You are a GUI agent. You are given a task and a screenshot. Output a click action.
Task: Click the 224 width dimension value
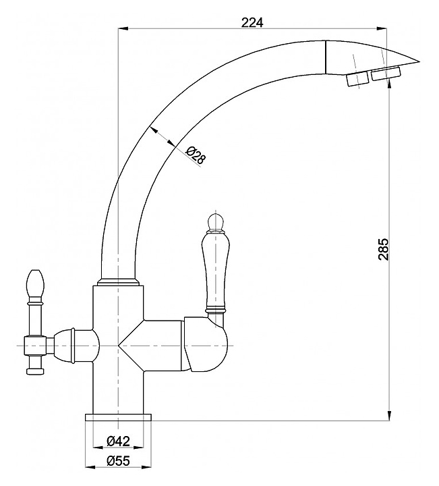click(x=252, y=22)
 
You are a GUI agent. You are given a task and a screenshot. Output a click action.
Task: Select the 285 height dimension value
click(x=383, y=249)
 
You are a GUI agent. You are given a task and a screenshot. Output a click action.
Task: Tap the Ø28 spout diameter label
click(x=196, y=155)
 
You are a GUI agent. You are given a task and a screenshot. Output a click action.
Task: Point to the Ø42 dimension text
click(x=118, y=440)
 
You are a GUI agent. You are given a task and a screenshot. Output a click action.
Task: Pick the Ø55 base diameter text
click(x=118, y=461)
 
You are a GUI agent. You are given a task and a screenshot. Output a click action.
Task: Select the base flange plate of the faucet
click(x=118, y=417)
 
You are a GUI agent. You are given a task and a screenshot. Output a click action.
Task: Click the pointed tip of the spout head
click(x=419, y=61)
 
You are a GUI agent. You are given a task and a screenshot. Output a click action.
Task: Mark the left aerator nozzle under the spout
click(x=357, y=80)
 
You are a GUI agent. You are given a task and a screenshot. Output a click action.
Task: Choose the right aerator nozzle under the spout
click(x=386, y=74)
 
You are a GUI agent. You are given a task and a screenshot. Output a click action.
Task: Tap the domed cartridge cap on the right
click(x=206, y=344)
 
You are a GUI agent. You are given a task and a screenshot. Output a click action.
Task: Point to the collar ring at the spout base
click(x=118, y=282)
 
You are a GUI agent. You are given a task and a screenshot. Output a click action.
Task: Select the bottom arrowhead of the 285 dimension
click(x=390, y=416)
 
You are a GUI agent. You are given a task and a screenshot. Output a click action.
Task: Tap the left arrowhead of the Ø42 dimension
click(x=98, y=448)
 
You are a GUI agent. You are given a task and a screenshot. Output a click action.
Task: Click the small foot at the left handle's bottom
click(x=34, y=371)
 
